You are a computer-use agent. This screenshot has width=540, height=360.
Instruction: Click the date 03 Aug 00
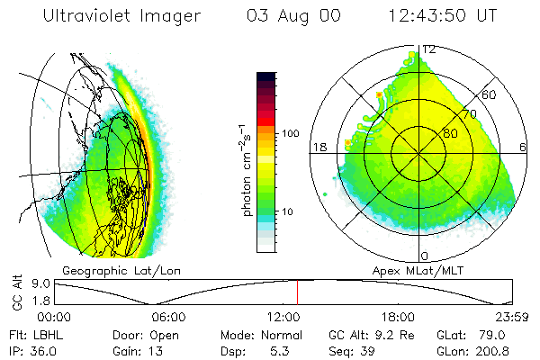(290, 16)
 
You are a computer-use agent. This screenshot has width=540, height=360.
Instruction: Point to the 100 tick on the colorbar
(291, 133)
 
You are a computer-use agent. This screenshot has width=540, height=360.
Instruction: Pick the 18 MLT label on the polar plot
(318, 148)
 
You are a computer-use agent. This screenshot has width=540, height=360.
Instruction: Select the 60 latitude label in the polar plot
(490, 94)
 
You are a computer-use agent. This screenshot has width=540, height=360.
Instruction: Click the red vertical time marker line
(297, 292)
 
